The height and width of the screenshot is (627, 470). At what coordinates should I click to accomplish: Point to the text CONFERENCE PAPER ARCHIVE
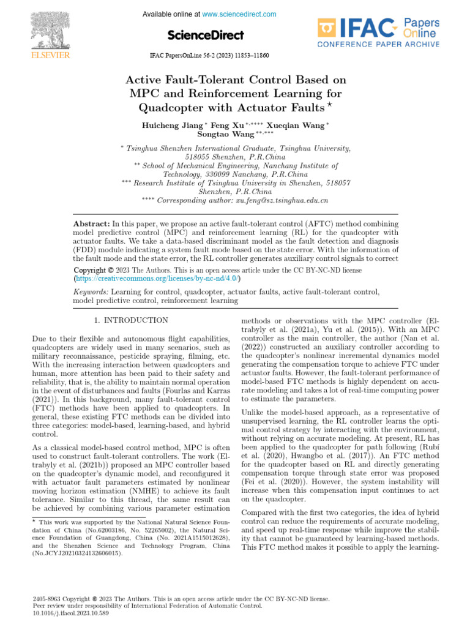coord(378,44)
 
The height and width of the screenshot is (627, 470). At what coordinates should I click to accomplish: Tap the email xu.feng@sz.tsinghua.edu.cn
coord(281,200)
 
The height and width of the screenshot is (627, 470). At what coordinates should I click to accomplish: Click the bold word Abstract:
coord(91,225)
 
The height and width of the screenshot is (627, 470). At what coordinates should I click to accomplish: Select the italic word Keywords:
coord(89,292)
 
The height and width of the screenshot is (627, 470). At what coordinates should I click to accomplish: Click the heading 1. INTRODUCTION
coord(131,320)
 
